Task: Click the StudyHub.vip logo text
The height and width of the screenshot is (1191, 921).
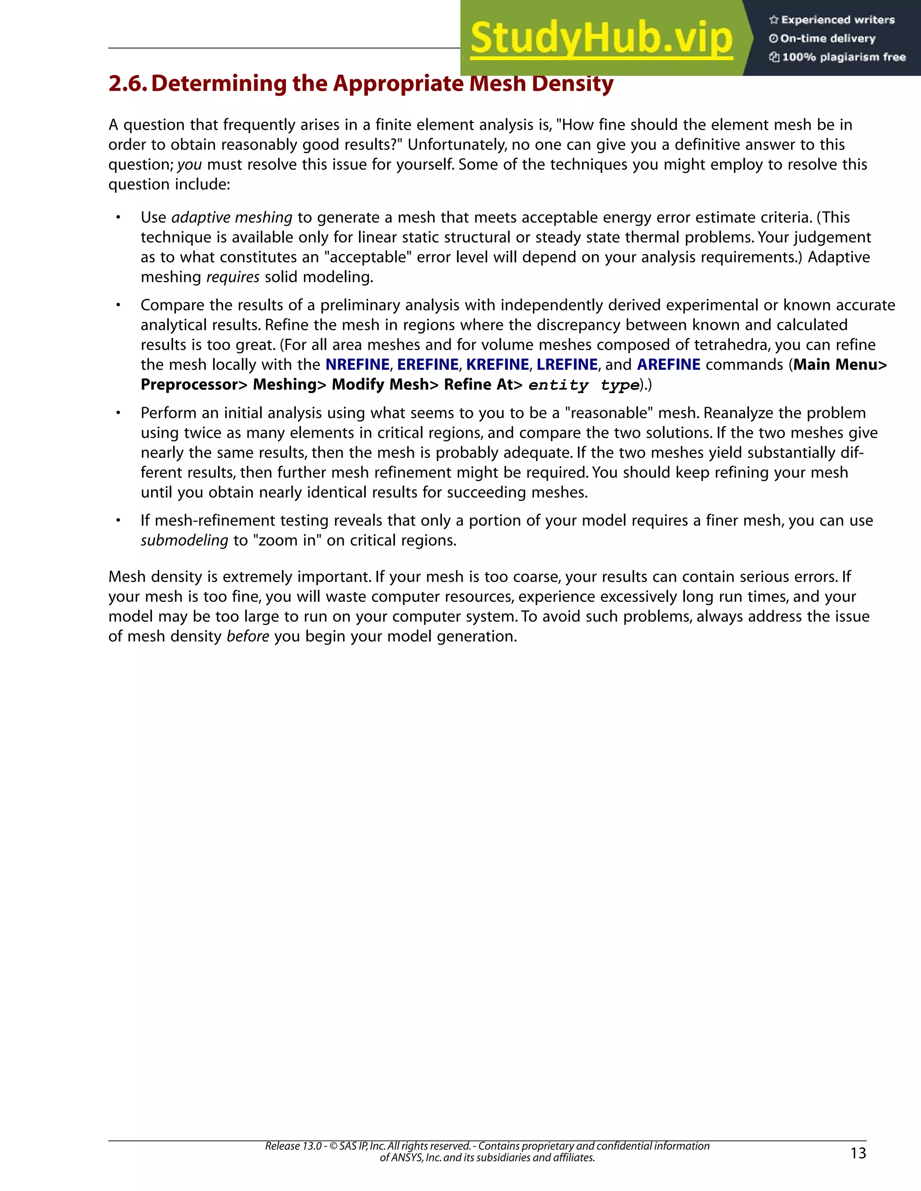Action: pyautogui.click(x=601, y=38)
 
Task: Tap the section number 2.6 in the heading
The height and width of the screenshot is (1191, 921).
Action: pyautogui.click(x=127, y=84)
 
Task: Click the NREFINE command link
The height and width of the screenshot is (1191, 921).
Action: pyautogui.click(x=358, y=364)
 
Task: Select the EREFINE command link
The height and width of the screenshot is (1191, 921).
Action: pyautogui.click(x=428, y=364)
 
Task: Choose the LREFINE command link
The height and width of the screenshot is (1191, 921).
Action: pyautogui.click(x=567, y=364)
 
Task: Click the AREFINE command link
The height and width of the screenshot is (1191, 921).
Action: pyautogui.click(x=668, y=364)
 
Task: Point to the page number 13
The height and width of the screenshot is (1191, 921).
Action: pyautogui.click(x=858, y=1153)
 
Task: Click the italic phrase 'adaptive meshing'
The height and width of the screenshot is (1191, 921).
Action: pyautogui.click(x=232, y=218)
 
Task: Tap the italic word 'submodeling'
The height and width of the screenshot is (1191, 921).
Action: pyautogui.click(x=184, y=540)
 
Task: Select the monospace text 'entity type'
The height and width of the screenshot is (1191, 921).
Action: pyautogui.click(x=584, y=385)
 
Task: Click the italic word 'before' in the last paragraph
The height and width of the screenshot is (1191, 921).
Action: pyautogui.click(x=248, y=636)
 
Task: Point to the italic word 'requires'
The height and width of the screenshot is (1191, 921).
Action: pyautogui.click(x=232, y=277)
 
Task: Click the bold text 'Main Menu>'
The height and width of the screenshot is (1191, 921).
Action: pyautogui.click(x=840, y=364)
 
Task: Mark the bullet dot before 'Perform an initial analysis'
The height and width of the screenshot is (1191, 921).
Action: pyautogui.click(x=117, y=413)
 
